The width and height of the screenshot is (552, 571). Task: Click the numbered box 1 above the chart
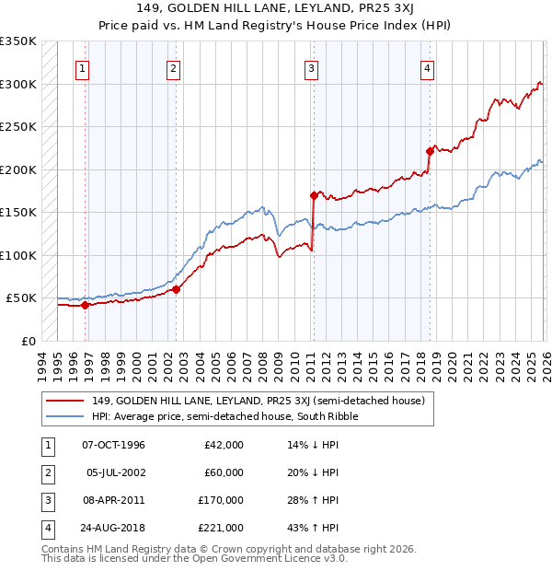click(83, 67)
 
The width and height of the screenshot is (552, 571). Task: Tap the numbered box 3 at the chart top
click(312, 67)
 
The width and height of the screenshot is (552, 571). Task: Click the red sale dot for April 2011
click(314, 195)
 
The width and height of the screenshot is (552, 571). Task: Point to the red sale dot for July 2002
click(176, 289)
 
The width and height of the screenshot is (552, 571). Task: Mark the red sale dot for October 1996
click(85, 305)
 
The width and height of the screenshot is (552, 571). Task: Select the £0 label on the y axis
click(27, 341)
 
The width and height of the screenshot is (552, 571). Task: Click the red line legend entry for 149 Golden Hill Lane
click(258, 401)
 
